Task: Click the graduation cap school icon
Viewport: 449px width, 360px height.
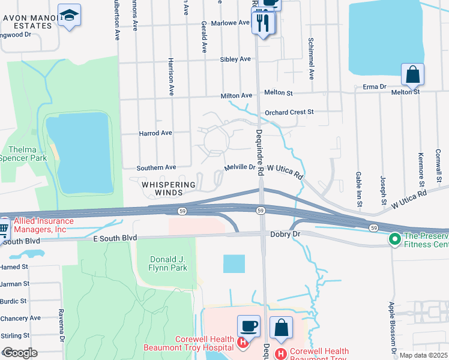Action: [x=70, y=16]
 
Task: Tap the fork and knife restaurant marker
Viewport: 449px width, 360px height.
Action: [x=263, y=23]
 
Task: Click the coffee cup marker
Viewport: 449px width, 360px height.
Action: [x=249, y=327]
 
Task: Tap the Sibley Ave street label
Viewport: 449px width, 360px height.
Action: [x=235, y=59]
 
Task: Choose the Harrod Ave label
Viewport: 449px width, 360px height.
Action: [x=155, y=133]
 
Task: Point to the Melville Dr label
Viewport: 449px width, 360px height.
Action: [x=240, y=168]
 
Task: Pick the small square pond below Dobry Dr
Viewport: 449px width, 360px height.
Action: [x=234, y=264]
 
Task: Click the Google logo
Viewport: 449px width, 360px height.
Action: [x=20, y=353]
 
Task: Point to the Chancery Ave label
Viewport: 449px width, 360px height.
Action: [x=20, y=318]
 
